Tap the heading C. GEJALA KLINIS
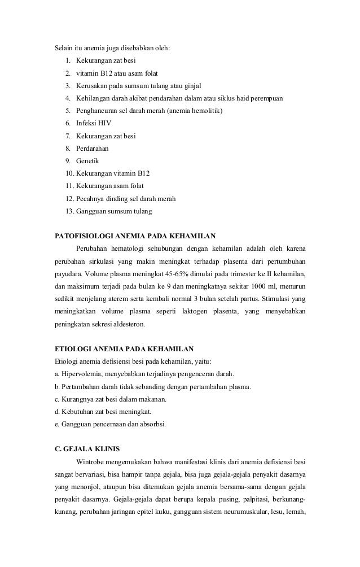[86, 450]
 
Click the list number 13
[69, 211]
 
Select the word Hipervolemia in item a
[82, 374]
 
